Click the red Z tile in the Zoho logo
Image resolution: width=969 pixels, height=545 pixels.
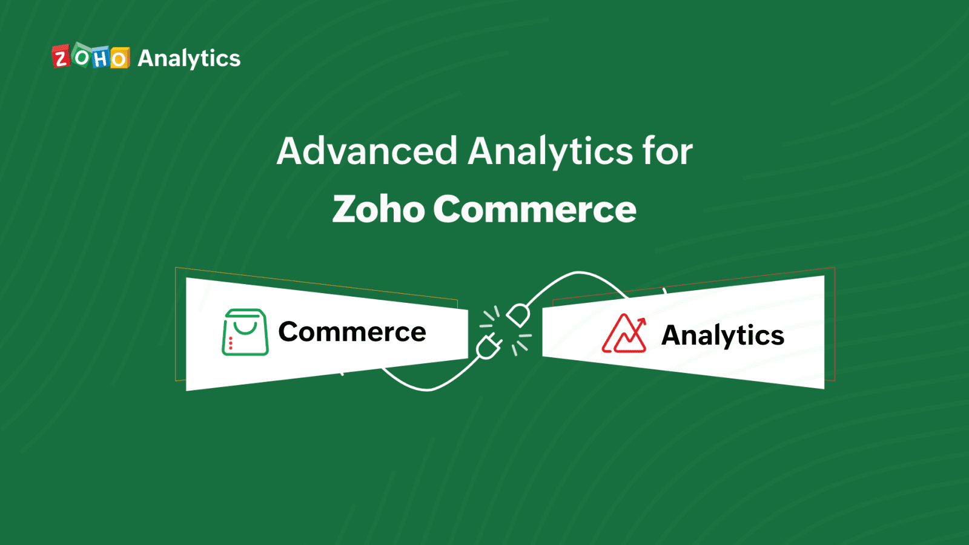click(61, 57)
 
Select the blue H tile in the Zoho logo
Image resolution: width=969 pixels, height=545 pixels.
click(101, 58)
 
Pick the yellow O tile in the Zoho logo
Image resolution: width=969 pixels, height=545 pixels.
click(119, 58)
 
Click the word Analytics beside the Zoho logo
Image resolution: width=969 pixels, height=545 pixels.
click(189, 59)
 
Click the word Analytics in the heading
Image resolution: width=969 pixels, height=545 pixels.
click(550, 152)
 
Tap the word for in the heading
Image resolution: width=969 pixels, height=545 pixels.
click(667, 151)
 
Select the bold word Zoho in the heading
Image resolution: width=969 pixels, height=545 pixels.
click(379, 210)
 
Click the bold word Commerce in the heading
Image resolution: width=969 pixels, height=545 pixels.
click(534, 210)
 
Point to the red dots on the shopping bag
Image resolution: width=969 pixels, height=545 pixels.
click(231, 343)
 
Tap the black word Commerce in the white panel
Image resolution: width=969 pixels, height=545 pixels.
click(352, 332)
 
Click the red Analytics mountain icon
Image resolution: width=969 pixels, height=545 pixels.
click(624, 334)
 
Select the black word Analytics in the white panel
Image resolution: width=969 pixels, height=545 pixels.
click(723, 335)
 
